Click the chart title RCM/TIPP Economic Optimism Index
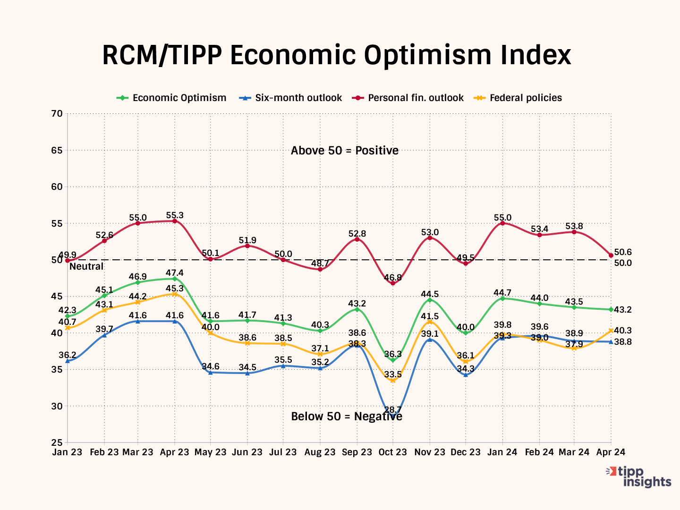pos(336,55)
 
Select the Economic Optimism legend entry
pos(179,98)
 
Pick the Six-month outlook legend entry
pos(298,98)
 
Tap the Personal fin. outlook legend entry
pos(416,98)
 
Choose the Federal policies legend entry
pos(526,98)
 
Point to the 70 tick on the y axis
pos(57,113)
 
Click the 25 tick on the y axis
pos(57,442)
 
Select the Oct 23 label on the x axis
pos(392,452)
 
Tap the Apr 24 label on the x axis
pos(611,452)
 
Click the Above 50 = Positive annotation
pos(345,151)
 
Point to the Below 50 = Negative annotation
pos(347,416)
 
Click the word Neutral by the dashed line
pos(86,266)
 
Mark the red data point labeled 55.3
pos(175,221)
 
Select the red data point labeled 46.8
pos(393,283)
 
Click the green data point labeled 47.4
pos(175,279)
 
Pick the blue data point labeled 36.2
pos(68,361)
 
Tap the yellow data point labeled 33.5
pos(393,380)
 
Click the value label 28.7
pos(393,409)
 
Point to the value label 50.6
pos(623,253)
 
